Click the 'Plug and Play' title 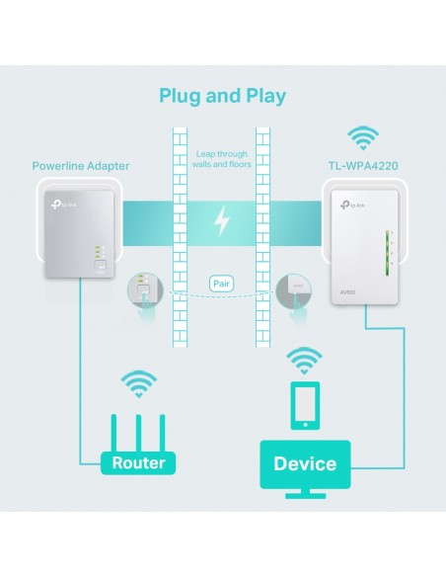click(223, 97)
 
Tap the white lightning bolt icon click(222, 220)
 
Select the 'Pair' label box click(222, 284)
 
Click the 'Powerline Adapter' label click(81, 166)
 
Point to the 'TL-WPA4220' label click(363, 166)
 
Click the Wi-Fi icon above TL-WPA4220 click(363, 138)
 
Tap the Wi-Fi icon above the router click(138, 383)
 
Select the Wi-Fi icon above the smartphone click(304, 361)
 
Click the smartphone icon click(305, 405)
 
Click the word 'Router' click(138, 463)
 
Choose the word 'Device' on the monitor click(305, 463)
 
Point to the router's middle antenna click(138, 434)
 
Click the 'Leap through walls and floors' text click(222, 159)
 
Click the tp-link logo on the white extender click(352, 206)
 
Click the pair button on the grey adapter click(101, 265)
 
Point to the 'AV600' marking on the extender click(347, 292)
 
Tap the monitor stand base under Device click(305, 495)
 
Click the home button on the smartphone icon click(305, 425)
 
